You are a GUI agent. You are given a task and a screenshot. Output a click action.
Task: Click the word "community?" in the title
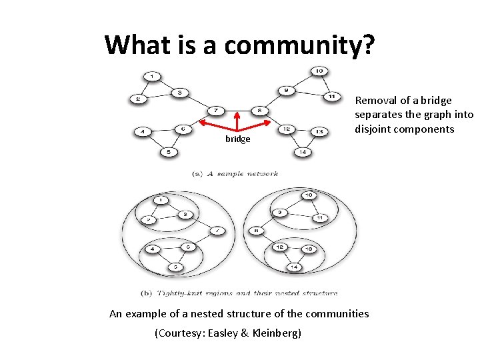pos(299,45)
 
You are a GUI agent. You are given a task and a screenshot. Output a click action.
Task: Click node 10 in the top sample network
pos(319,71)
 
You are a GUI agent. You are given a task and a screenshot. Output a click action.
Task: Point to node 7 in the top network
pos(216,110)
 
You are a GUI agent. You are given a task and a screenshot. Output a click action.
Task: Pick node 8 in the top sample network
pos(259,110)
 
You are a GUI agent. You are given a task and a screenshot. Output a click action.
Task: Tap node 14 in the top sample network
pos(303,152)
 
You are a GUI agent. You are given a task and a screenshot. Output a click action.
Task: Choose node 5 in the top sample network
pos(168,153)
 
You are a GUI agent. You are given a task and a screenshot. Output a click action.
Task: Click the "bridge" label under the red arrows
pos(237,139)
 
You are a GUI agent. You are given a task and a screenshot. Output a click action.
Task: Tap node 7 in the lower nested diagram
pos(217,231)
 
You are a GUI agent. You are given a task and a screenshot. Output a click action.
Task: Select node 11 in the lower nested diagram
pos(320,218)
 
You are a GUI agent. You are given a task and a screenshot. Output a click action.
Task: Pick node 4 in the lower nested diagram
pos(153,249)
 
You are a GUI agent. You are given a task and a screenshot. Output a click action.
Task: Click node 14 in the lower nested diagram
pos(293,267)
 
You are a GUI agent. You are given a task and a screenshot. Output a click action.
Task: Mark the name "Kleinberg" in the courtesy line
pos(274,333)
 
